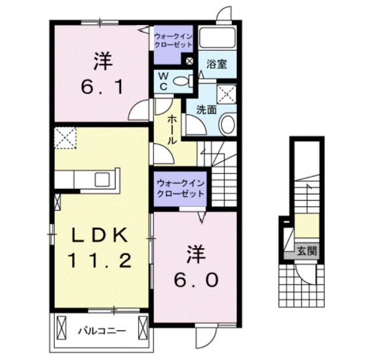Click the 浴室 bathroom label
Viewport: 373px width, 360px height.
216,64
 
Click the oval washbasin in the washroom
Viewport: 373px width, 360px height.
228,123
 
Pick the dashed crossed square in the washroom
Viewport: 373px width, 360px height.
227,93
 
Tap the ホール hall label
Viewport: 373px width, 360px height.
173,130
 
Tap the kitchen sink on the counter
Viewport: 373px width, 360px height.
103,178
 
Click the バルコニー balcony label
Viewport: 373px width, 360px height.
103,331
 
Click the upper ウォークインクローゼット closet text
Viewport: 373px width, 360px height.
173,40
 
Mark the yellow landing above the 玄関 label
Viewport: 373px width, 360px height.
307,226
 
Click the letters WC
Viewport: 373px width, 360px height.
163,81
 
